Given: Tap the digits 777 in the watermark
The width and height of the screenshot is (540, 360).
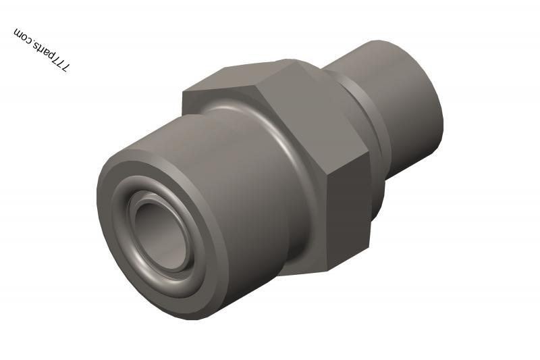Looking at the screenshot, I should (x=61, y=66).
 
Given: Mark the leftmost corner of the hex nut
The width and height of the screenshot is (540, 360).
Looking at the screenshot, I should (x=184, y=95).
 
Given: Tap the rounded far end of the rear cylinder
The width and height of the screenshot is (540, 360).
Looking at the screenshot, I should (x=435, y=101).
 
